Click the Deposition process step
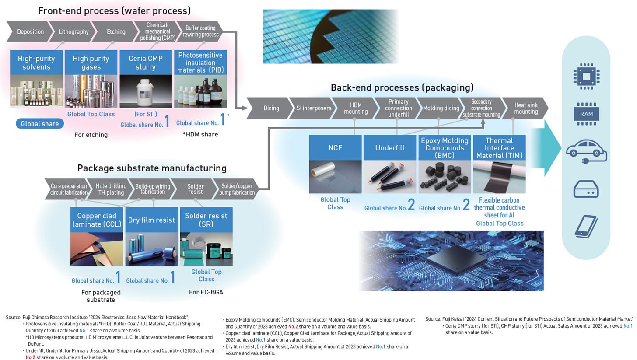pyautogui.click(x=30, y=31)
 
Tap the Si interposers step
pyautogui.click(x=313, y=108)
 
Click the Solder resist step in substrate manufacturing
pyautogui.click(x=195, y=189)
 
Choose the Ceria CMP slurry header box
pyautogui.click(x=146, y=63)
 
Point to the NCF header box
pyautogui.click(x=335, y=147)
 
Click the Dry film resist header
pyautogui.click(x=151, y=220)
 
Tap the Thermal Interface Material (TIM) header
pyautogui.click(x=499, y=147)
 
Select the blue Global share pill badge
pyautogui.click(x=40, y=124)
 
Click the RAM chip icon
pyautogui.click(x=586, y=114)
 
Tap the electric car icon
pyautogui.click(x=586, y=151)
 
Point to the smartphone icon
pyautogui.click(x=586, y=226)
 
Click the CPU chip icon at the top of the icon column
pyautogui.click(x=586, y=76)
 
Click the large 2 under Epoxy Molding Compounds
pyautogui.click(x=466, y=204)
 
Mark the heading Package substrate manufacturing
pyautogui.click(x=152, y=168)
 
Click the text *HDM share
pyautogui.click(x=200, y=134)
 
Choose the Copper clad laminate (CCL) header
pyautogui.click(x=97, y=220)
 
